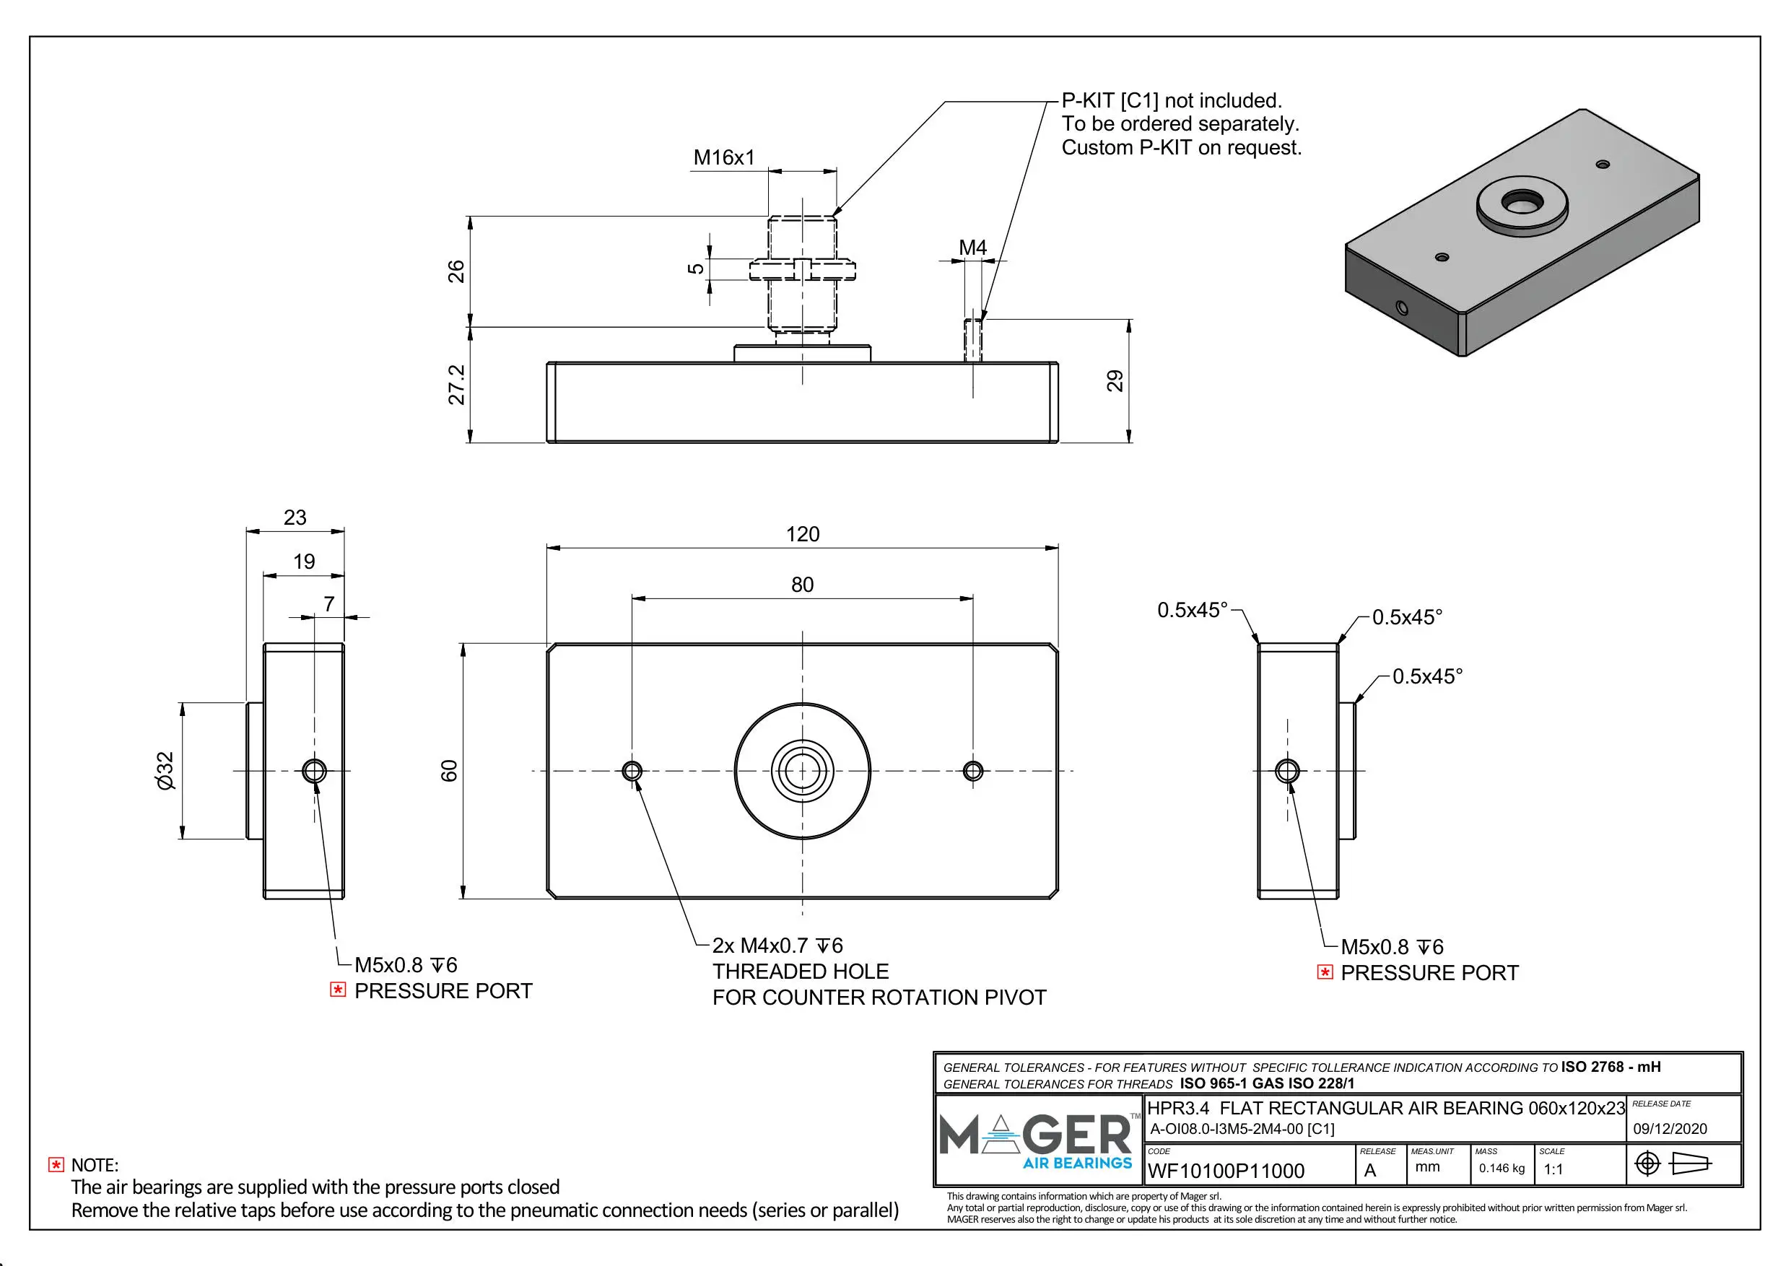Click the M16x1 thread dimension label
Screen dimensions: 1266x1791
tap(724, 157)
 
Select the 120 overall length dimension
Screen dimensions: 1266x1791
tap(802, 534)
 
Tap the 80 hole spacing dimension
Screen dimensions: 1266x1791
tap(802, 585)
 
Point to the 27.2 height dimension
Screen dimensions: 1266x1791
tap(456, 385)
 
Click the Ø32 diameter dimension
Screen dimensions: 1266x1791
tap(165, 771)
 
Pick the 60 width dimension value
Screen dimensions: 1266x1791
tap(449, 771)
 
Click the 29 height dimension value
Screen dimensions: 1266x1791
tap(1115, 380)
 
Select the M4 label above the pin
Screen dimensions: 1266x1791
tap(972, 248)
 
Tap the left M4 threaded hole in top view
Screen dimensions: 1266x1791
tap(632, 771)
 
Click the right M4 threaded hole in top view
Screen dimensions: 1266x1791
tap(972, 771)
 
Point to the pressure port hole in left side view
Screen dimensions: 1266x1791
tap(314, 771)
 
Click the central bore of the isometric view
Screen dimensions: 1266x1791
tap(1521, 202)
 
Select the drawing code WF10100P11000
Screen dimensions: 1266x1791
tap(1226, 1171)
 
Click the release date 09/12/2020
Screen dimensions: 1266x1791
tap(1669, 1129)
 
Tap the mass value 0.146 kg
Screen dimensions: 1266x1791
tap(1501, 1168)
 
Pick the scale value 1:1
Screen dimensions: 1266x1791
tap(1553, 1169)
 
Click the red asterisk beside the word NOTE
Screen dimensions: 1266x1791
tap(56, 1165)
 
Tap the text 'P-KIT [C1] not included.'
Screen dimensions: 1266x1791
tap(1171, 100)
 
